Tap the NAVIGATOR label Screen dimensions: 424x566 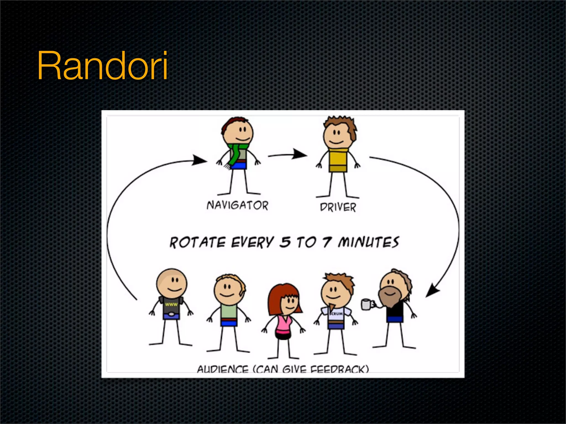pos(237,205)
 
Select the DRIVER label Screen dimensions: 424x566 pos(338,207)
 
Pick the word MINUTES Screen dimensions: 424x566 pos(368,242)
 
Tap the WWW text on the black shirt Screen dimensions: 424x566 pos(171,304)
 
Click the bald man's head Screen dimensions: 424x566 pos(172,282)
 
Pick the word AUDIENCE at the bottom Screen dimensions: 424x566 pos(222,369)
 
